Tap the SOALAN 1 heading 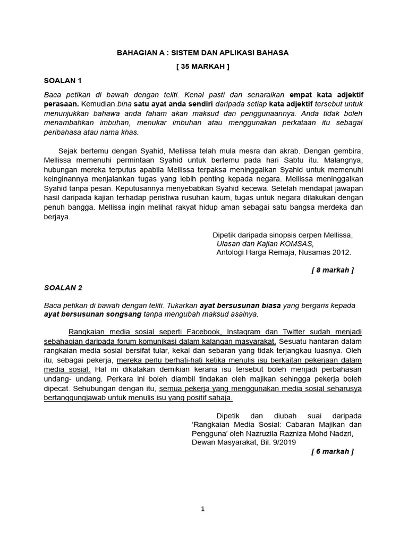click(63, 81)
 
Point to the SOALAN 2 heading click(63, 287)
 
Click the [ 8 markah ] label click(333, 270)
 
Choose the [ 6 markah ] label click(333, 451)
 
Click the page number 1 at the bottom click(202, 509)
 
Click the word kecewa click(251, 188)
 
